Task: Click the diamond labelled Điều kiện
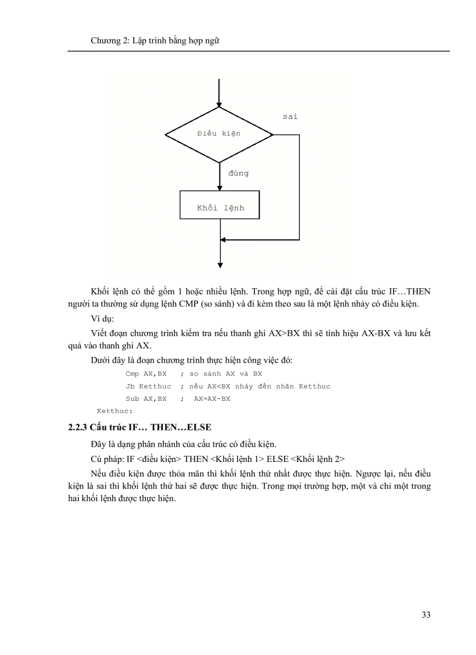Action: (219, 134)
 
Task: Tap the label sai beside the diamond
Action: (290, 117)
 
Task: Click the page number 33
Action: (425, 615)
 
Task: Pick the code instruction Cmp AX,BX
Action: (146, 373)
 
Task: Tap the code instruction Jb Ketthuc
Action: (148, 386)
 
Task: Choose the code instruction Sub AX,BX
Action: (146, 399)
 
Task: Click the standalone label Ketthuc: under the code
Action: (114, 411)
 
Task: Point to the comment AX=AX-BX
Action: (212, 399)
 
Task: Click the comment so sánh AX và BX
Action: (226, 373)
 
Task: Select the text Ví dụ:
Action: (103, 320)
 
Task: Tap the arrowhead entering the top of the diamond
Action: (219, 103)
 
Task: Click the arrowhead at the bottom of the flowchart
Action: (219, 265)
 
